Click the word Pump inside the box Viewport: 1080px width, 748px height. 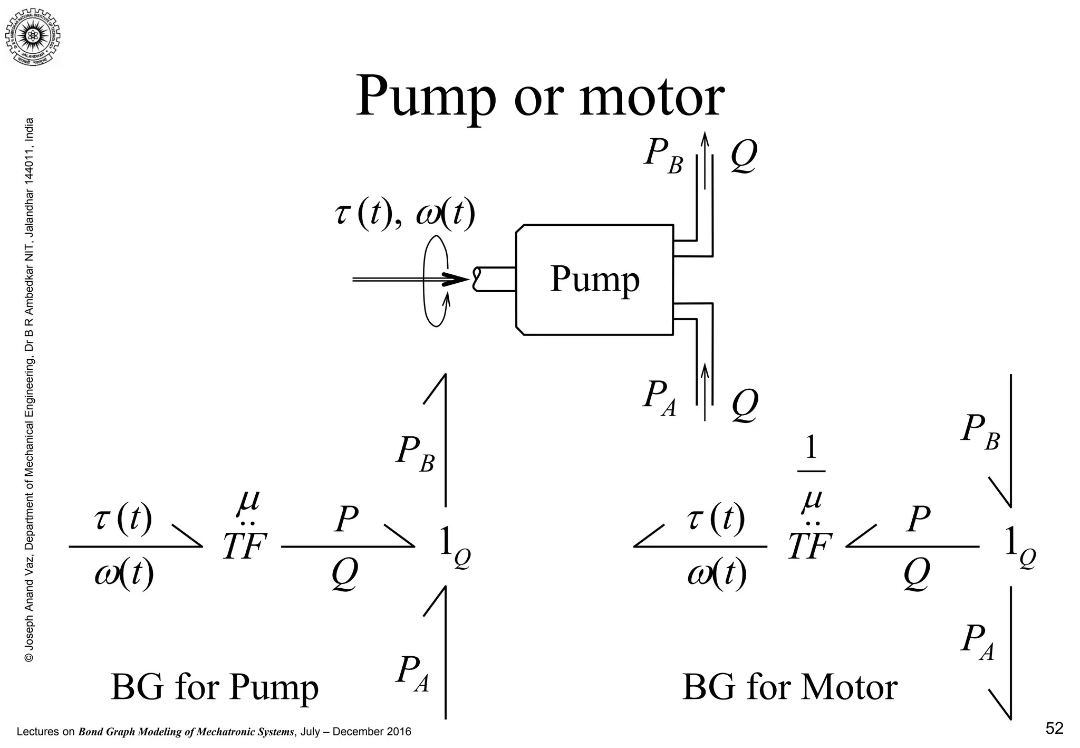[x=594, y=279]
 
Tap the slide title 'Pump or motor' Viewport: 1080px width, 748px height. [x=539, y=98]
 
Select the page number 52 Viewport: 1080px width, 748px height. [x=1054, y=728]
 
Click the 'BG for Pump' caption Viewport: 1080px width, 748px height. [x=215, y=687]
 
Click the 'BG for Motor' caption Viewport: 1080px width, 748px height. [x=789, y=687]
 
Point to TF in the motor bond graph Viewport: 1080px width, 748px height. [x=810, y=546]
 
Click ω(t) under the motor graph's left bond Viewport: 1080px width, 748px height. [x=717, y=573]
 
